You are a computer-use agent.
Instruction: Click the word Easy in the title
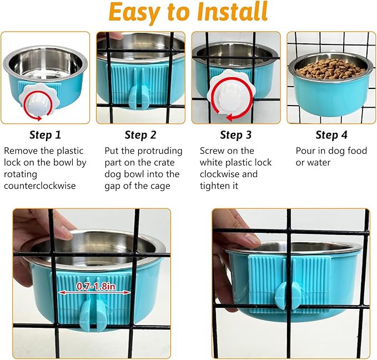[x=137, y=12]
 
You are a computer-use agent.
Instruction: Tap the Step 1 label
[x=46, y=135]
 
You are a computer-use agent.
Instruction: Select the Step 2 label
[x=140, y=135]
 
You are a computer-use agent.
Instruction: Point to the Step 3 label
[x=235, y=135]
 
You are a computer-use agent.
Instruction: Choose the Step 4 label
[x=331, y=135]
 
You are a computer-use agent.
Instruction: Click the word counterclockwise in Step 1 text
[x=39, y=185]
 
